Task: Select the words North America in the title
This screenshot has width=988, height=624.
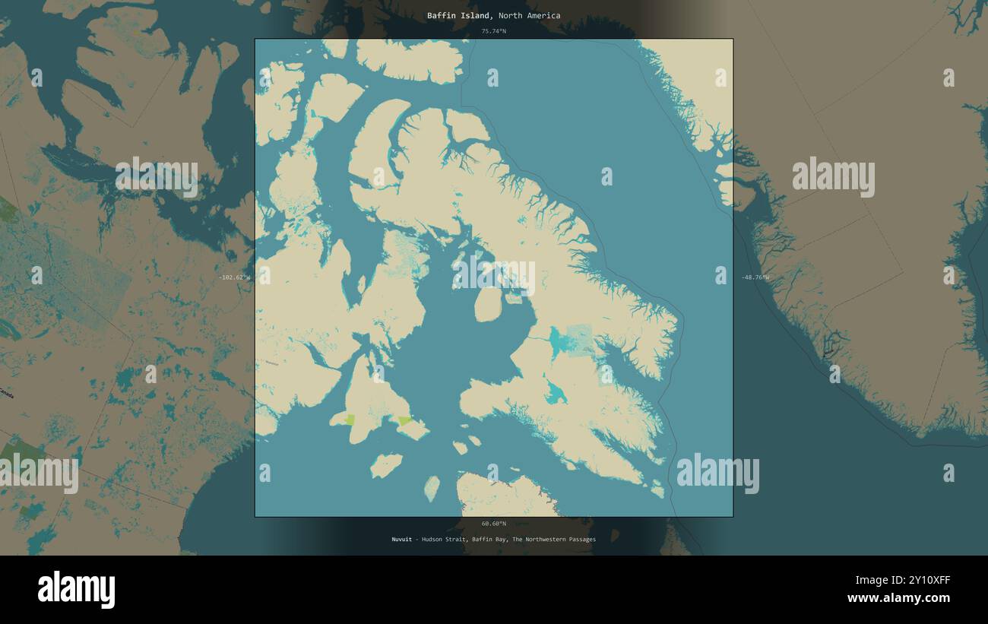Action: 530,15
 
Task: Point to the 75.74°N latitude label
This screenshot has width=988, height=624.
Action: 493,31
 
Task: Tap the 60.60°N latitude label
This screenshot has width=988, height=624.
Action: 493,524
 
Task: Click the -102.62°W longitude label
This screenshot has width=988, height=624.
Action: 233,277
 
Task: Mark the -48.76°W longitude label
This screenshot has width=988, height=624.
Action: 755,277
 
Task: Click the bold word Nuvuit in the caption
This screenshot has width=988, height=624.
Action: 401,540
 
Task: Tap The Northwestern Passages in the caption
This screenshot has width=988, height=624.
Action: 554,540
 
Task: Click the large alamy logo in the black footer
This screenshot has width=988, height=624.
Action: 77,590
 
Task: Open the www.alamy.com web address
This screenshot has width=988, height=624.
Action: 898,598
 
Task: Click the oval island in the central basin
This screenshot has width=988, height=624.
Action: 486,305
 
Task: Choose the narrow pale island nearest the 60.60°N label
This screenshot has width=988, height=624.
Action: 432,489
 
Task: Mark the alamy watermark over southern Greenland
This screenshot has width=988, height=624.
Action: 833,177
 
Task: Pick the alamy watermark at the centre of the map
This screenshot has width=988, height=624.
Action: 493,277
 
